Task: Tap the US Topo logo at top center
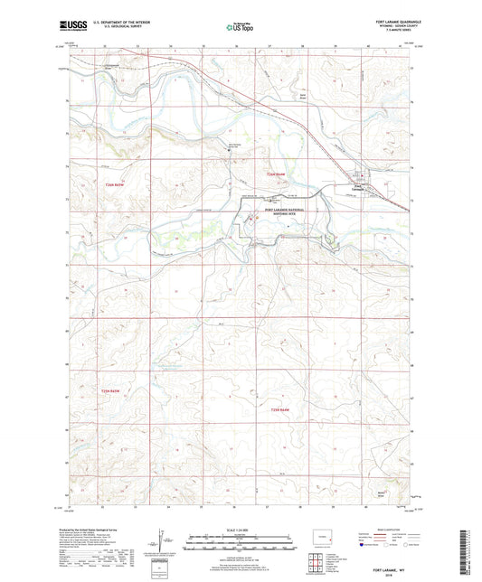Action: (x=239, y=28)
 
